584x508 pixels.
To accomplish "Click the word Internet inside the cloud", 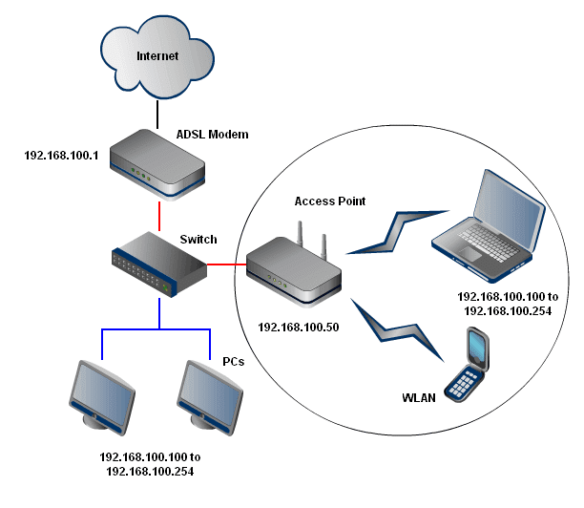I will (157, 55).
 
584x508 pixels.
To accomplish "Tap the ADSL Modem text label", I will (213, 135).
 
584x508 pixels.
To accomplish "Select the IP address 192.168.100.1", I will (63, 153).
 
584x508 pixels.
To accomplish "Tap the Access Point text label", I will (330, 201).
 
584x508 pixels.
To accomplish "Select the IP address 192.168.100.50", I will (298, 326).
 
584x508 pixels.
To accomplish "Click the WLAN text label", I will (418, 395).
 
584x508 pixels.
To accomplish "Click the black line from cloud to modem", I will (156, 114).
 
